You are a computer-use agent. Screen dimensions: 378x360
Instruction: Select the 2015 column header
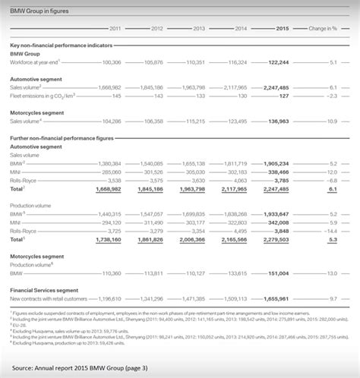point(281,28)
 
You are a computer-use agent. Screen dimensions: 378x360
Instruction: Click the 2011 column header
point(115,28)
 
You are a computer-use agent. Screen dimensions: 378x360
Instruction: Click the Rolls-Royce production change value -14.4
point(331,230)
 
